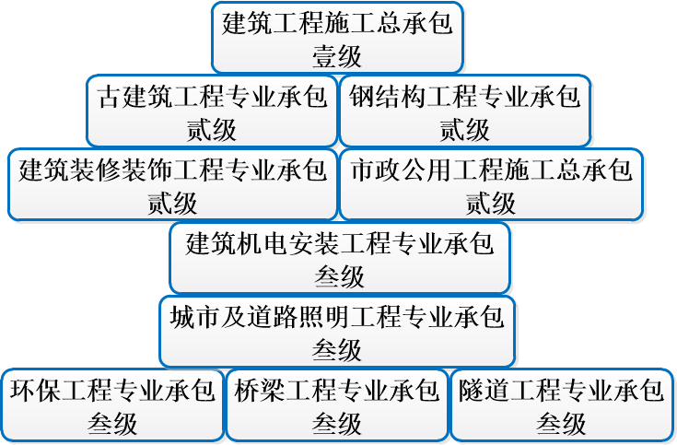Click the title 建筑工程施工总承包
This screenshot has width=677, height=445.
click(x=338, y=23)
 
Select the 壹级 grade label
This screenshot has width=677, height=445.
click(x=338, y=54)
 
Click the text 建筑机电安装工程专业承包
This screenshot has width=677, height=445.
click(x=340, y=244)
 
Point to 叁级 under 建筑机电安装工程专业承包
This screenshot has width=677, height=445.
click(x=340, y=275)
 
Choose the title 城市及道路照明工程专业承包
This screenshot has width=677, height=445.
click(x=337, y=318)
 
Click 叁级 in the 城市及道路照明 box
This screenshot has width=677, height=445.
click(x=337, y=349)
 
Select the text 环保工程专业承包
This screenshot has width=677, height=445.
click(x=112, y=392)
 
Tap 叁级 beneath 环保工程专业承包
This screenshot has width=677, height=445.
click(x=112, y=423)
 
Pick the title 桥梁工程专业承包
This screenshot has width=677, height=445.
click(x=336, y=392)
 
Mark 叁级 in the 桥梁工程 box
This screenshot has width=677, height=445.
click(x=336, y=423)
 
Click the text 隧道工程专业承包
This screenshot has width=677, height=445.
click(x=561, y=392)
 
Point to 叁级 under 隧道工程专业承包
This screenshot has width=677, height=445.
click(x=561, y=423)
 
